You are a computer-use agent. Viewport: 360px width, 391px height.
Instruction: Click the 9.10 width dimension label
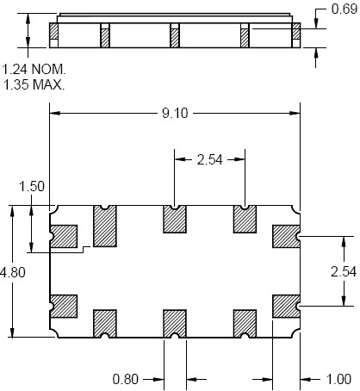coord(175,113)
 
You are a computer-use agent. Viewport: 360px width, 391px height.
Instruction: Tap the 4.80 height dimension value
coord(13,272)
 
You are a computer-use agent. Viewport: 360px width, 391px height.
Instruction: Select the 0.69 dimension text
coord(344,9)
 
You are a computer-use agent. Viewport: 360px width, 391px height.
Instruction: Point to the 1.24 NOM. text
coord(34,69)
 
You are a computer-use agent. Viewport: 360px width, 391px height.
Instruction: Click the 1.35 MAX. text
coord(34,84)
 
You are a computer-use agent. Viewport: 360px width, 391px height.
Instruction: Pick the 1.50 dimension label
coord(32,186)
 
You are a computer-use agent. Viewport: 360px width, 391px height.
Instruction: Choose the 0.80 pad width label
coord(126,379)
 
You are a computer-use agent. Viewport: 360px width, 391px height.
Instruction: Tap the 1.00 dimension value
coord(338,379)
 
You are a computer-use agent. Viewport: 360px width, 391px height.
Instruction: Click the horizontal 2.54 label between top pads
coord(210,159)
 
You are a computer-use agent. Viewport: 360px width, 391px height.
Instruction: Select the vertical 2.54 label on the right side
coord(344,271)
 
